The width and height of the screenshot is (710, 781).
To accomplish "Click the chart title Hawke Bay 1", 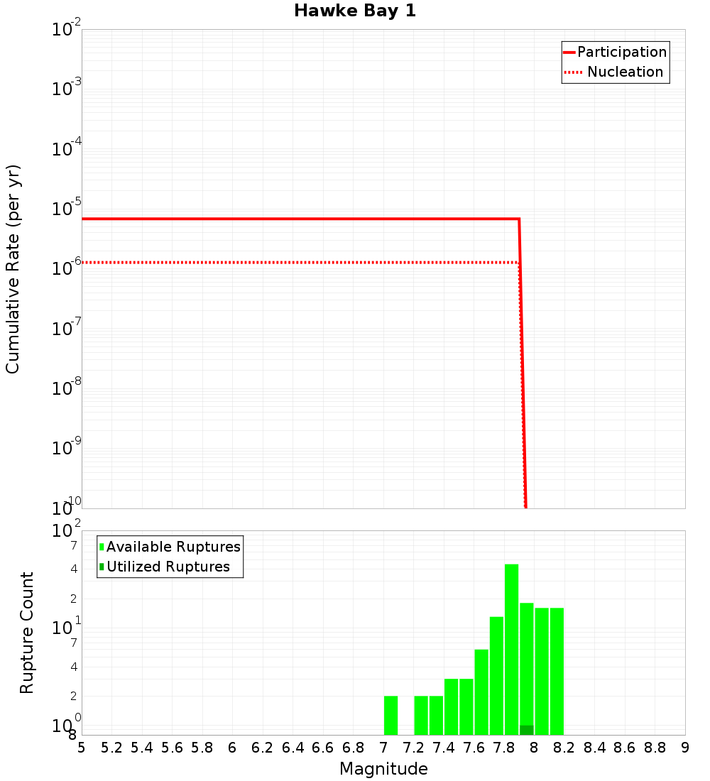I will pos(354,11).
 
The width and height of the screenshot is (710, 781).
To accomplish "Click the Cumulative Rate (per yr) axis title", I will pos(13,268).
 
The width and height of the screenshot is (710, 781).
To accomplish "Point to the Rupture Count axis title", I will pos(27,633).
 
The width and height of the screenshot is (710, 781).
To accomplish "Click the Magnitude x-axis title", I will pos(383,769).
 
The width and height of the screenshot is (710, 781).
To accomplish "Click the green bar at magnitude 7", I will pos(390,715).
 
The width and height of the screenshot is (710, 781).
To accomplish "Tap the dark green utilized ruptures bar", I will pos(526,730).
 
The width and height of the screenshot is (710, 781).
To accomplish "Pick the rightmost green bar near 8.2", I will pos(557,671).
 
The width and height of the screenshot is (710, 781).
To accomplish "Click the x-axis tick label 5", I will pos(82,748).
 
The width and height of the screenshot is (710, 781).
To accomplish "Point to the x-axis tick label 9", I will pos(685,748).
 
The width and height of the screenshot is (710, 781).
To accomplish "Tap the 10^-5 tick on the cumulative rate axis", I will pos(67,210).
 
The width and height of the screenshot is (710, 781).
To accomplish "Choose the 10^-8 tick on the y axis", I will pos(67,389).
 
